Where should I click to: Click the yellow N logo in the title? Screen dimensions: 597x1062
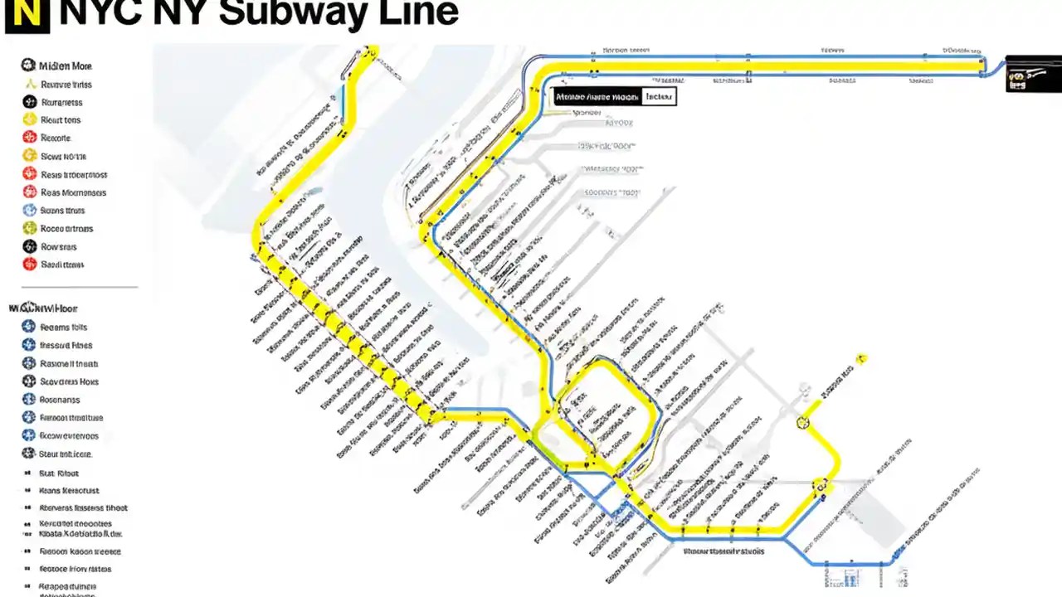27,14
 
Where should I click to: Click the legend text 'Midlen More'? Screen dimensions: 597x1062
66,66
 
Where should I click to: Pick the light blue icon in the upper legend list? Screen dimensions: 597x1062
28,211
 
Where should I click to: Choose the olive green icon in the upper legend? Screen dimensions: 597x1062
28,229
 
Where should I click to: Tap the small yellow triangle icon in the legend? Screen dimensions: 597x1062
29,84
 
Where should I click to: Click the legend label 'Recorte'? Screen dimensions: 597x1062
56,138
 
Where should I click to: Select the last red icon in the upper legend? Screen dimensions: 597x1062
28,265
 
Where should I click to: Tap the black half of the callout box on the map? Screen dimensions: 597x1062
597,97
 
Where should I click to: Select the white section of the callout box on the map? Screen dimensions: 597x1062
658,97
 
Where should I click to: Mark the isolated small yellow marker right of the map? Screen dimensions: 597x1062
862,359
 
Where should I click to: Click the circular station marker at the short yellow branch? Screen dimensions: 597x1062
802,423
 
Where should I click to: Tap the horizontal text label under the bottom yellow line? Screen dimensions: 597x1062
723,551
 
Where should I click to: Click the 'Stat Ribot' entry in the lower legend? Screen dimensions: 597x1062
59,473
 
